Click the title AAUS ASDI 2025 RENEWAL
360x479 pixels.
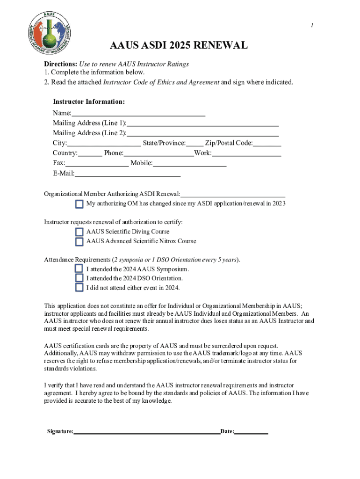pos(179,46)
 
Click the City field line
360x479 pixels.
pos(104,143)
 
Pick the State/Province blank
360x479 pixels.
pos(195,143)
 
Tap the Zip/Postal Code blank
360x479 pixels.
pos(267,143)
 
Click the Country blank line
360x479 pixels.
pos(90,152)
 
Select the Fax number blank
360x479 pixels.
pos(97,163)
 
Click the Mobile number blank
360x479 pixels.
pos(189,163)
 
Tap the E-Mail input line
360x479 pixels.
pos(128,173)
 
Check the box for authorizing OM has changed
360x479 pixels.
pos(79,204)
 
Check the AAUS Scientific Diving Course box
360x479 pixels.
pos(79,232)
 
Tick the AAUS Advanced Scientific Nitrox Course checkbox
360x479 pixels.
pos(79,242)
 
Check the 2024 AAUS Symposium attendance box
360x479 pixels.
pos(79,269)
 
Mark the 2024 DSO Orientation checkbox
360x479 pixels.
pos(79,278)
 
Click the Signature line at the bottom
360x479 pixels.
pos(147,431)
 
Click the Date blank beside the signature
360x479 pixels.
pos(251,431)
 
